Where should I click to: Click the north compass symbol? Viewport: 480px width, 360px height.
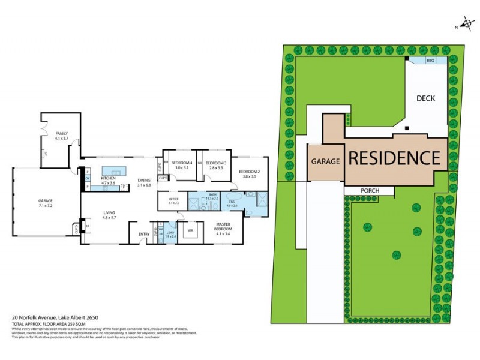[465, 25]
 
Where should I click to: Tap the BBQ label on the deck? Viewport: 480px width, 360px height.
[430, 61]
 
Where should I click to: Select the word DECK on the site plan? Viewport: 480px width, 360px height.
[425, 98]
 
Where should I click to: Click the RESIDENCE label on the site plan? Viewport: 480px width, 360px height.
[394, 158]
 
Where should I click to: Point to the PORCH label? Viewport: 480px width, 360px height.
[369, 191]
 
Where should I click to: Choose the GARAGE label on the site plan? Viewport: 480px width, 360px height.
[325, 161]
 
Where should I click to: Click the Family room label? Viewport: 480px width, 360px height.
[62, 133]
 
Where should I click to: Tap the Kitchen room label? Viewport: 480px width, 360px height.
[108, 178]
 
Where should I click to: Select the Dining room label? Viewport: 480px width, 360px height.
[143, 179]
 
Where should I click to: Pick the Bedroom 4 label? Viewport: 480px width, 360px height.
[182, 163]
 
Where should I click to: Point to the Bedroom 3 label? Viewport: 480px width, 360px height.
[216, 163]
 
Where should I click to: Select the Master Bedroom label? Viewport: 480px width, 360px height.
[223, 227]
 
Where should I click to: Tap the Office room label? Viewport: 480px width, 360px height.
[174, 199]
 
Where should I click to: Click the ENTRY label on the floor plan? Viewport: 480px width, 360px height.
[144, 234]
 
